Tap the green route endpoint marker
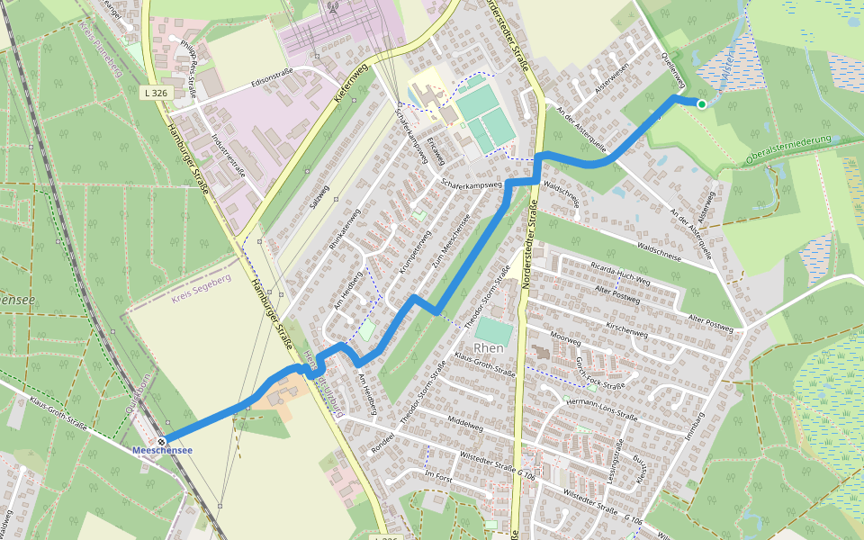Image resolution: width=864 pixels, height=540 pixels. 702,104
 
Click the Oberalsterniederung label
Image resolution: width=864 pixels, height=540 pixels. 788,151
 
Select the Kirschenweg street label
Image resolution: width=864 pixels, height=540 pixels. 627,321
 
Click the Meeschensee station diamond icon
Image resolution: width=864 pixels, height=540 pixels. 161,441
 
